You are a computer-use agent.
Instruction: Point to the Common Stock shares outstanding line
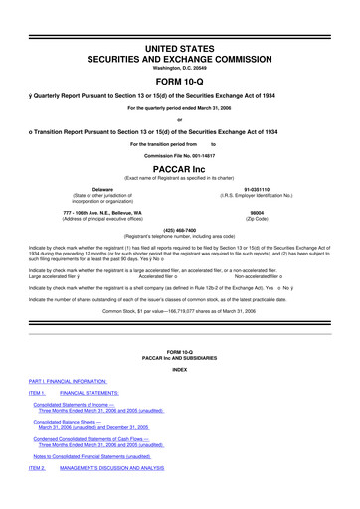(x=179, y=338)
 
